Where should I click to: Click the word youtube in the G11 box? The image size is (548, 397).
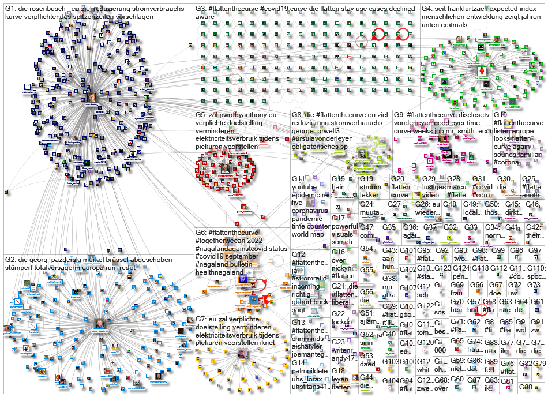point(306,187)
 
